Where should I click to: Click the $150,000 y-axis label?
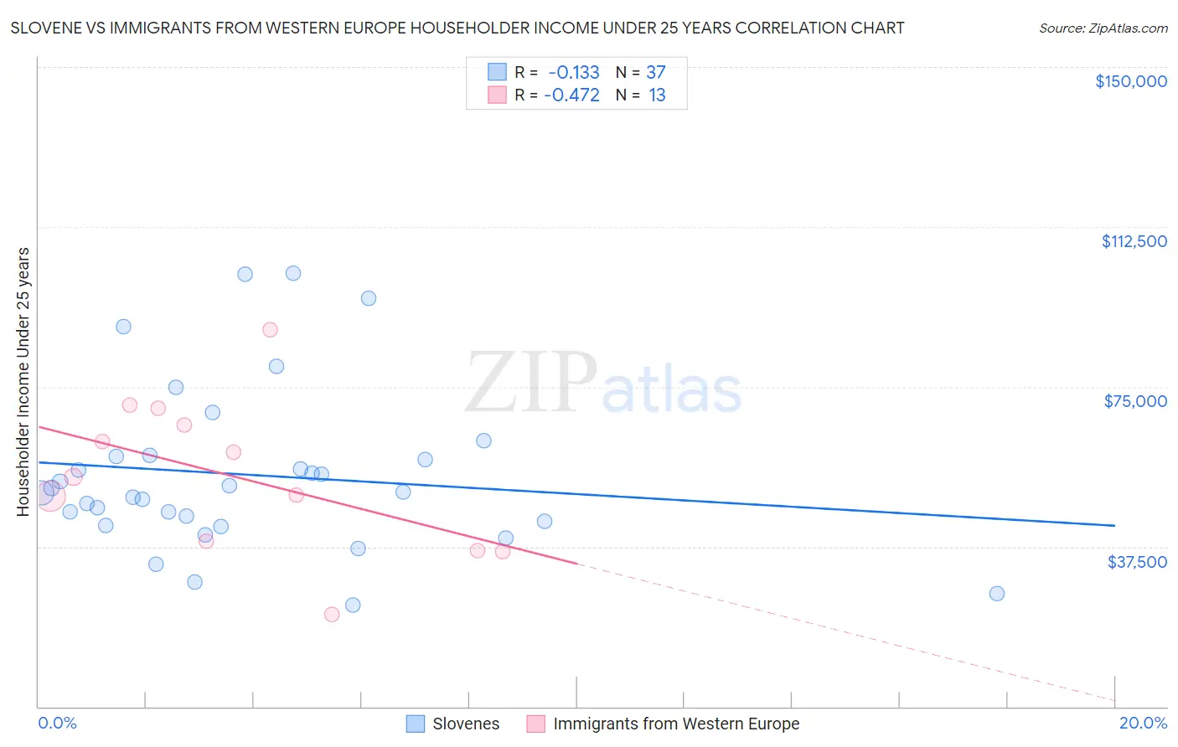click(1130, 81)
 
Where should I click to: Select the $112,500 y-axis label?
click(1134, 241)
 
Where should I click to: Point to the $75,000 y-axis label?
click(1135, 401)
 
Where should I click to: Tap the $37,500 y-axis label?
click(1137, 561)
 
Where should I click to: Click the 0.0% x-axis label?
click(57, 723)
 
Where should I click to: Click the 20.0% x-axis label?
click(1143, 723)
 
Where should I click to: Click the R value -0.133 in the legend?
click(573, 73)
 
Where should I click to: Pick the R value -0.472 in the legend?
click(571, 95)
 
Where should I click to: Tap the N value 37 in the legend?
click(655, 73)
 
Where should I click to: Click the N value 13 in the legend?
click(657, 95)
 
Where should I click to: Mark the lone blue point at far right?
click(996, 594)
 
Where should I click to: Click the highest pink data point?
click(270, 330)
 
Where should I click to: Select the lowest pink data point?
click(332, 615)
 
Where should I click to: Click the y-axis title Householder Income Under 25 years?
click(23, 381)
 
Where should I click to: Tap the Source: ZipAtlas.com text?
click(1103, 28)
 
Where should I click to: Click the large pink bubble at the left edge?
click(48, 496)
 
